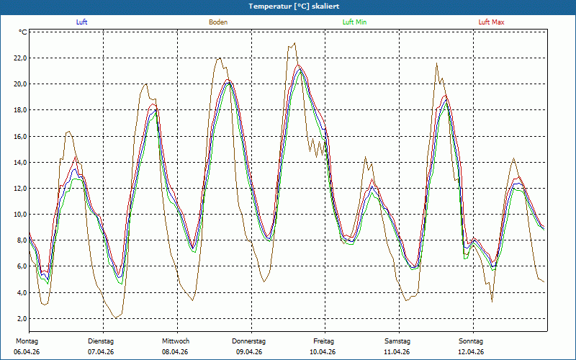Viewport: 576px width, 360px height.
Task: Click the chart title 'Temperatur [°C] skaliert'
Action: tap(294, 6)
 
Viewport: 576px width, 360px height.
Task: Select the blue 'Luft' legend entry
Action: tap(81, 22)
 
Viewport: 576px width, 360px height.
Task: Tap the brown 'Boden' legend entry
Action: tap(218, 22)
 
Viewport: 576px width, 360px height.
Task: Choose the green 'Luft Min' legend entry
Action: tap(354, 22)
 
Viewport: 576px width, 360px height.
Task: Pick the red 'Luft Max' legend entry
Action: tap(492, 22)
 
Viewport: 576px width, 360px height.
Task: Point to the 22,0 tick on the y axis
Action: tap(20, 58)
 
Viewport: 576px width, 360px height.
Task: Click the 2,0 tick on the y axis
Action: tap(22, 318)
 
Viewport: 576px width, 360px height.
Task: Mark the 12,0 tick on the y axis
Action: tap(20, 189)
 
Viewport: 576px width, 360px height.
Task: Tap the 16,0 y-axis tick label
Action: tap(20, 136)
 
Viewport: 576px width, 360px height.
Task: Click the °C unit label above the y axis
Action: tap(23, 32)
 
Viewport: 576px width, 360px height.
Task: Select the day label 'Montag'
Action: tap(27, 341)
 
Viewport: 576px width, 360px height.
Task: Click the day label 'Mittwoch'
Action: tap(176, 341)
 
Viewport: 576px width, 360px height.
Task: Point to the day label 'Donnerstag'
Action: tap(248, 341)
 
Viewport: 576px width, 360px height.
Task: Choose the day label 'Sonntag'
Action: tap(471, 341)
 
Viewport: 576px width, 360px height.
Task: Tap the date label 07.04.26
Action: tap(101, 352)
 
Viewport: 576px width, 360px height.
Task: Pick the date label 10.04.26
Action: tap(323, 352)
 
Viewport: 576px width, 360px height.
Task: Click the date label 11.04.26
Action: tap(397, 352)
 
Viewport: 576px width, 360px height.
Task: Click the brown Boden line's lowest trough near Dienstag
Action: tap(116, 318)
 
